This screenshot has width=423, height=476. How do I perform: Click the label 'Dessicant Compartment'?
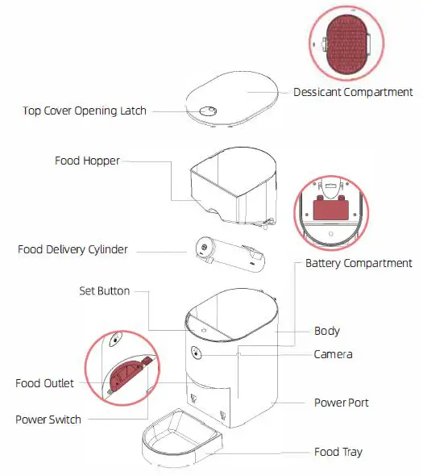click(353, 92)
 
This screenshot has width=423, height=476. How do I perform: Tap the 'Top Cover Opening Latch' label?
click(85, 111)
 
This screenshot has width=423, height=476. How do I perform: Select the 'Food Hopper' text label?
click(87, 161)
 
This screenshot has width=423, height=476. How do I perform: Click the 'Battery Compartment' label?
click(359, 263)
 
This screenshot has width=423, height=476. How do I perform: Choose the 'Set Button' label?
click(104, 290)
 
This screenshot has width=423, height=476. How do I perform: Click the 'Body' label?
click(326, 331)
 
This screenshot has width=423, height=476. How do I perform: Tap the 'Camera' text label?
click(333, 354)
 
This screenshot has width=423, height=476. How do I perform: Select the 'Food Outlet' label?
click(44, 383)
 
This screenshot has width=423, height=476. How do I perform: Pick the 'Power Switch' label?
click(48, 420)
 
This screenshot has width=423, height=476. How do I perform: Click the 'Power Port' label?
click(342, 401)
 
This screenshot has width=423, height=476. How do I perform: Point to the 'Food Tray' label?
click(338, 452)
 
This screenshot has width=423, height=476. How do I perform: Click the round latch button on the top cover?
click(207, 112)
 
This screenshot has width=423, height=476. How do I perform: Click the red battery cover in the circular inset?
click(333, 210)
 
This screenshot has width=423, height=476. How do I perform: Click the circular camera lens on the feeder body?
click(195, 353)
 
